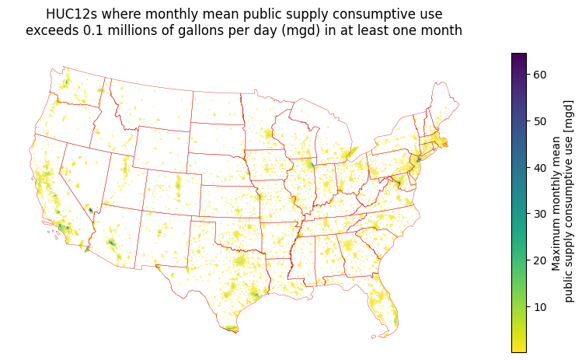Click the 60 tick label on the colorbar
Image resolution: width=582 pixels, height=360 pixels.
539,75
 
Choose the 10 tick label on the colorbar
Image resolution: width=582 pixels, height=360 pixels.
539,307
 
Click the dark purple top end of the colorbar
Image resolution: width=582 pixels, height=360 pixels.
518,56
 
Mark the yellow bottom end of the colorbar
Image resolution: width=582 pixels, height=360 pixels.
518,349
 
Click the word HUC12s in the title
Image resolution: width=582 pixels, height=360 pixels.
71,14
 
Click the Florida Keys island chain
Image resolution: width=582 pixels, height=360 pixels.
382,336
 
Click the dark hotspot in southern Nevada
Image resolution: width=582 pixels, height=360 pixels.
91,210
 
